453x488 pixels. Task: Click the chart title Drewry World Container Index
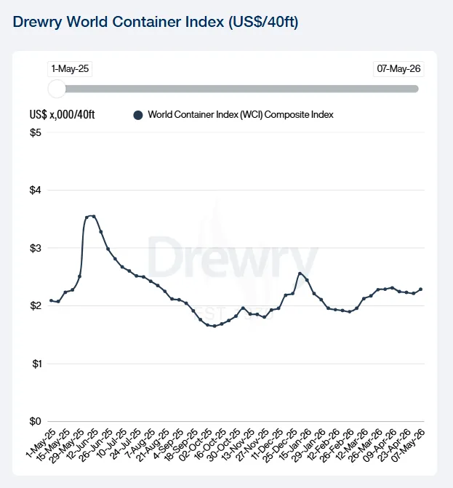156,22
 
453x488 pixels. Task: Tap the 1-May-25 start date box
70,69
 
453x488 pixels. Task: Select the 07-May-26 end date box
398,69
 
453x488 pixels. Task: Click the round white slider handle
57,89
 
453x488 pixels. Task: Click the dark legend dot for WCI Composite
138,115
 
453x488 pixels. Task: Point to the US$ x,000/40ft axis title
63,115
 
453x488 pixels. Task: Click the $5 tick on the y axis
36,132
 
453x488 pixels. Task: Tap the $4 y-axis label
36,190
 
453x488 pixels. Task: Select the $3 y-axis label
36,248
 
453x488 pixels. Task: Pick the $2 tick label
36,305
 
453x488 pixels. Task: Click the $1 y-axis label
36,364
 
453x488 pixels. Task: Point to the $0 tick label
36,421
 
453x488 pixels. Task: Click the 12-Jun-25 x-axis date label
82,444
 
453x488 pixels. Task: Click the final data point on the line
420,289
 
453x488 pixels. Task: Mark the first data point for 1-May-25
51,300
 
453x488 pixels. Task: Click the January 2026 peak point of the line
300,273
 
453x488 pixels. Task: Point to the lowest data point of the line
215,326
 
